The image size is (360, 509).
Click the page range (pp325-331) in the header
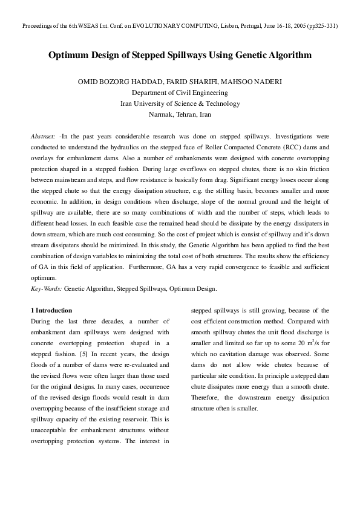tap(322, 27)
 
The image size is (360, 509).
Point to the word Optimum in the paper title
tap(69, 55)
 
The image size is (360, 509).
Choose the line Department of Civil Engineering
tap(180, 93)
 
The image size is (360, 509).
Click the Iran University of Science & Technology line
tap(180, 103)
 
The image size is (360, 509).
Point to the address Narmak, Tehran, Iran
tap(180, 114)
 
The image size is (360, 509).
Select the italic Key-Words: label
tap(47, 289)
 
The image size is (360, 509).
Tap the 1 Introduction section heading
tap(51, 310)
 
